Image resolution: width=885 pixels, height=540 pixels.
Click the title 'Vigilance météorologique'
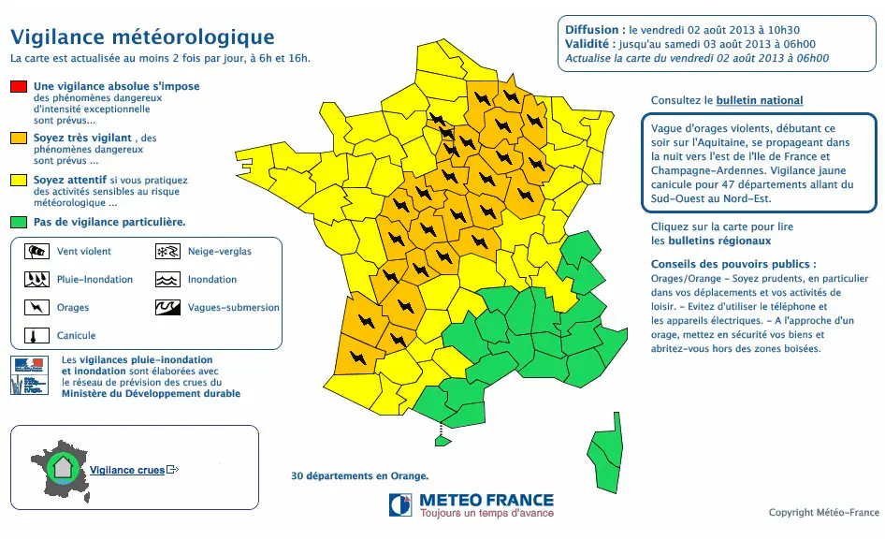[x=142, y=37]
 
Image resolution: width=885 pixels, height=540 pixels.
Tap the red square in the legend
[x=19, y=87]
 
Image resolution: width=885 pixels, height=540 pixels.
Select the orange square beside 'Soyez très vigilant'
[x=19, y=139]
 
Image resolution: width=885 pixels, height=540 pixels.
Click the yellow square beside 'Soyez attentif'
[x=19, y=180]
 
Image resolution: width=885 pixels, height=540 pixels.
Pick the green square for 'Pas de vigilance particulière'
[x=19, y=223]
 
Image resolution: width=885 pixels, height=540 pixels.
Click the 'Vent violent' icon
[x=36, y=251]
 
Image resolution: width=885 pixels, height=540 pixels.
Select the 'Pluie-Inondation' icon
[x=36, y=279]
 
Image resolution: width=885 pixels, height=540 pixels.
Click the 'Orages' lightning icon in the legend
[x=36, y=307]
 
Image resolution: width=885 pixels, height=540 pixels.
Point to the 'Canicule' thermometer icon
[x=36, y=335]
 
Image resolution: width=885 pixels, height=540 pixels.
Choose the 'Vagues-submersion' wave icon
[x=167, y=307]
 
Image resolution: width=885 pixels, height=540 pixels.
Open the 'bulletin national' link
[x=760, y=100]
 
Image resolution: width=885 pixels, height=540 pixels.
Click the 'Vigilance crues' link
[x=127, y=470]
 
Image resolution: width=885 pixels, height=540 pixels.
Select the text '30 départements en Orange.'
[x=360, y=475]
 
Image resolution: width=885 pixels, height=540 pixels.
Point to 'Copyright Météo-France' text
[x=823, y=512]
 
